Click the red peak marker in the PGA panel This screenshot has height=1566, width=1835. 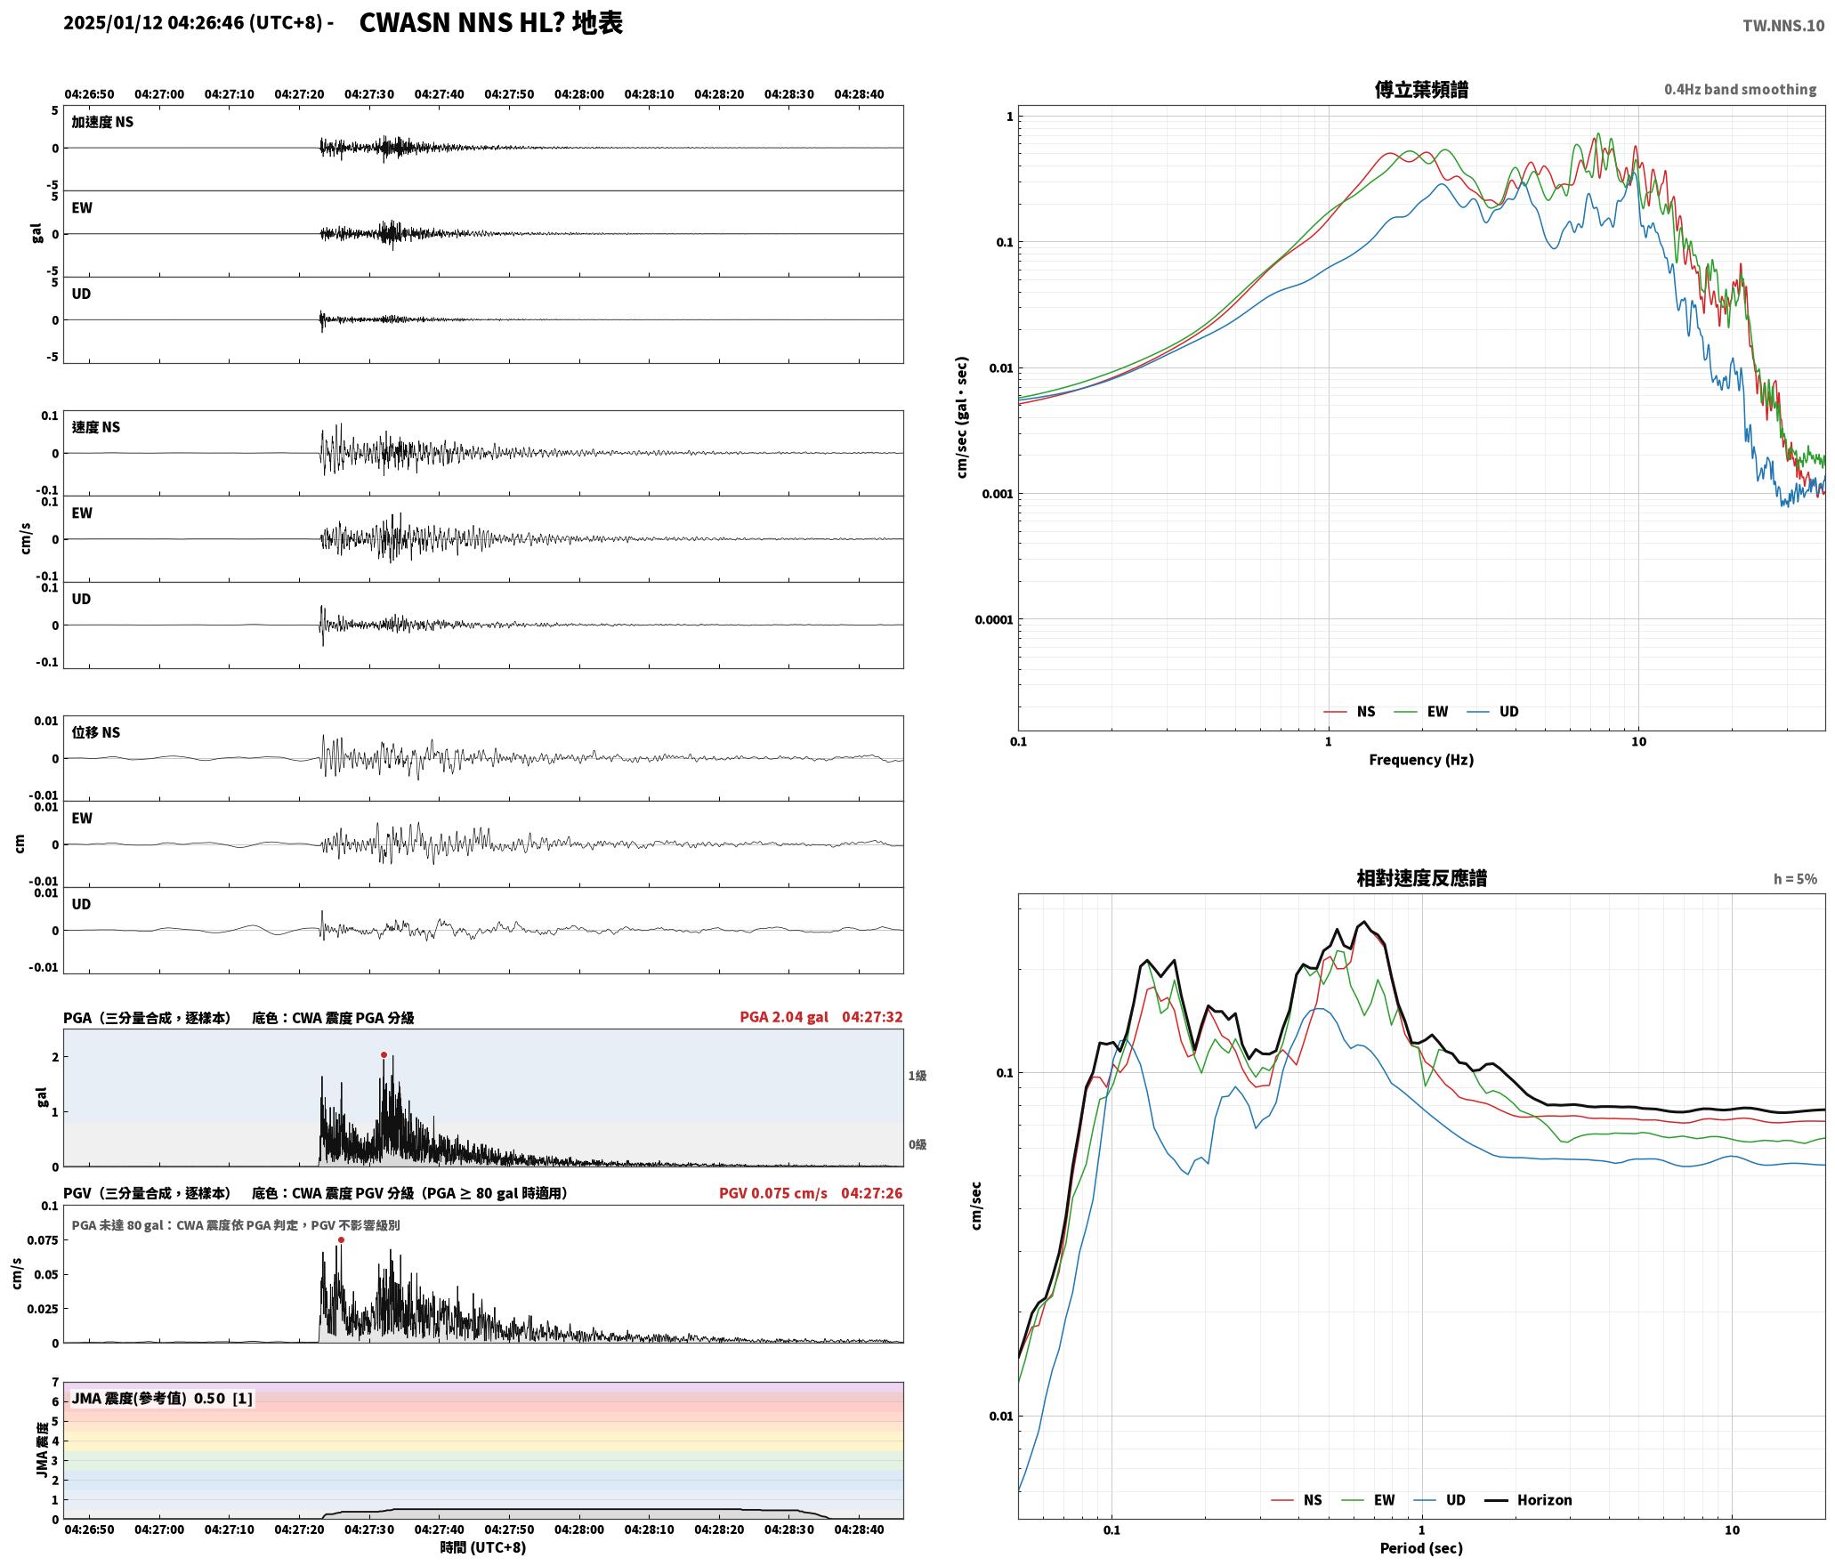click(x=384, y=1055)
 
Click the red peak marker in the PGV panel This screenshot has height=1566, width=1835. click(x=341, y=1240)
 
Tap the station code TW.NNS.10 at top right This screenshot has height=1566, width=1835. click(x=1782, y=26)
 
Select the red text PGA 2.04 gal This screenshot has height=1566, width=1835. click(x=783, y=1017)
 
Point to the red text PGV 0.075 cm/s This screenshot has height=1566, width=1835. click(x=772, y=1193)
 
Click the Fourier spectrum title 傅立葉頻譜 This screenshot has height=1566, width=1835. click(x=1421, y=90)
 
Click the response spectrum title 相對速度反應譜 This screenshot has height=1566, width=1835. click(x=1421, y=878)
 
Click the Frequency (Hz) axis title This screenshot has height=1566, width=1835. click(x=1421, y=760)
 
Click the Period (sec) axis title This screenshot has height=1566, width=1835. click(x=1421, y=1548)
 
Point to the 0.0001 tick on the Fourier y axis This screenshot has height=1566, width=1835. click(x=994, y=620)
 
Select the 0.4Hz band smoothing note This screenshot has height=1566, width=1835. click(x=1741, y=90)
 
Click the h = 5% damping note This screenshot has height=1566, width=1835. click(x=1795, y=879)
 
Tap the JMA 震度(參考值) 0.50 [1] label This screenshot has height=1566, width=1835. click(x=162, y=1399)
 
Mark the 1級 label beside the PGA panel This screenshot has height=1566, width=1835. click(x=917, y=1076)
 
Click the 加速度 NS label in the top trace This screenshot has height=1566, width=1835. click(x=102, y=122)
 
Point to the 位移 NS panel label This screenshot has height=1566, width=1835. click(x=96, y=732)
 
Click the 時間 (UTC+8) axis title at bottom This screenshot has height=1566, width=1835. click(x=483, y=1548)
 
